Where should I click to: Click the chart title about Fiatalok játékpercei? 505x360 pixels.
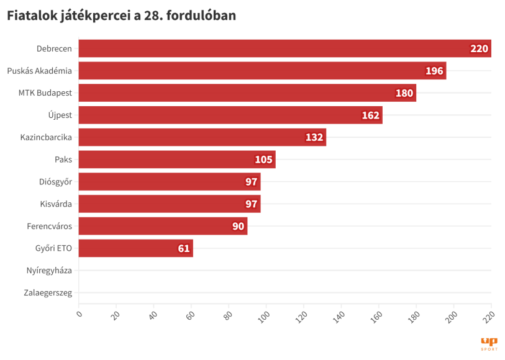[x=121, y=16]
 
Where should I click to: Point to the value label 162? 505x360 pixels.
[x=370, y=115]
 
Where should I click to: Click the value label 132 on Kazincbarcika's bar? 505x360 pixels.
[x=314, y=137]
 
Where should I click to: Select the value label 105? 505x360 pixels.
[x=263, y=160]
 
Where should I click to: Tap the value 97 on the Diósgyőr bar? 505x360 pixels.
[x=251, y=182]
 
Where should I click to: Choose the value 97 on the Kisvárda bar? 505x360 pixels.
[x=251, y=204]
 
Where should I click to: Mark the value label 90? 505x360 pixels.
[x=239, y=226]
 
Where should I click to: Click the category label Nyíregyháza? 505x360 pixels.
[x=49, y=271]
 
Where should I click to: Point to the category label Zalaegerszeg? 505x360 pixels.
[x=48, y=292]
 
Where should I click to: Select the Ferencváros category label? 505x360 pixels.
[x=49, y=226]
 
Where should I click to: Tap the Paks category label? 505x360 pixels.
[x=63, y=160]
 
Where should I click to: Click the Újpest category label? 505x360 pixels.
[x=60, y=115]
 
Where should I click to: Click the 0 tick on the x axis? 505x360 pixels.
[x=79, y=313]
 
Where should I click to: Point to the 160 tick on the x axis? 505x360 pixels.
[x=376, y=316]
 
